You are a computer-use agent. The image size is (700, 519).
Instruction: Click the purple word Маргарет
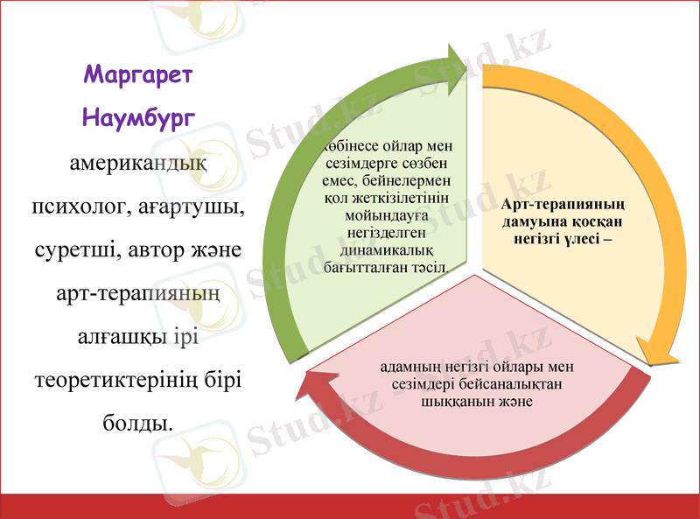(138, 74)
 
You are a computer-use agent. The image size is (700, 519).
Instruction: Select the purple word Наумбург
(138, 117)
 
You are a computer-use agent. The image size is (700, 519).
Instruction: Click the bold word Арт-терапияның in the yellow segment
(570, 205)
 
